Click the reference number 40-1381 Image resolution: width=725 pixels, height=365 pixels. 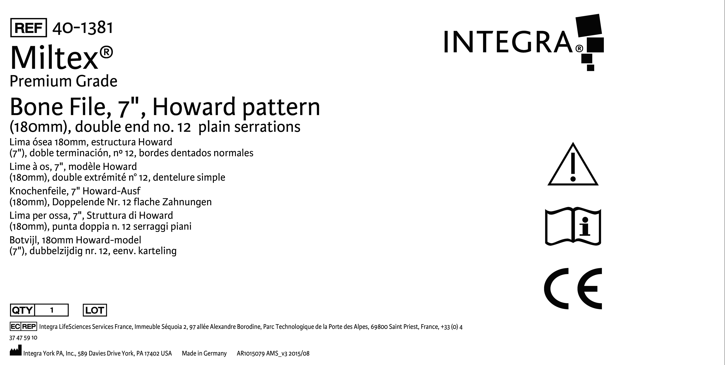tap(82, 28)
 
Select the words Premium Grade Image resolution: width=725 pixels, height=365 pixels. tap(63, 81)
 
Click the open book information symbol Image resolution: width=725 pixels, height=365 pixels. tap(573, 227)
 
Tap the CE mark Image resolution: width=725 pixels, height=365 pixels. tap(573, 288)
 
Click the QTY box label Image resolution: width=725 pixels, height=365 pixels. tap(22, 310)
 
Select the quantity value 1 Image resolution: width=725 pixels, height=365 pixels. tap(52, 310)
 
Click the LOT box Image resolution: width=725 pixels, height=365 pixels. tap(95, 310)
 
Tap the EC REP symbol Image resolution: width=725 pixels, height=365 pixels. tap(23, 326)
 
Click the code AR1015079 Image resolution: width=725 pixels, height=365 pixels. tap(251, 353)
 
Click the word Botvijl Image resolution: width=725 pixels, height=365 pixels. tap(24, 240)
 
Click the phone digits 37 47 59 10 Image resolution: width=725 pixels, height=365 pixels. tap(23, 338)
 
